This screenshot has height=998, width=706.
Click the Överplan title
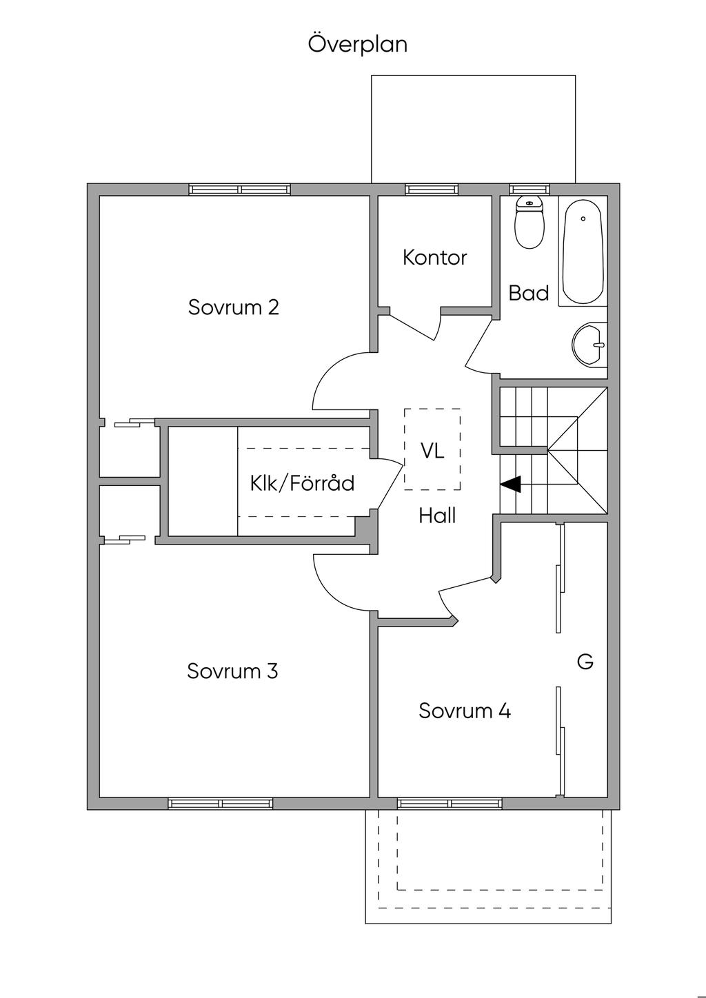358,44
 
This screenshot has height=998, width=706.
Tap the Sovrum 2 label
234,307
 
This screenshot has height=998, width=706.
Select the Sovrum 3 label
232,671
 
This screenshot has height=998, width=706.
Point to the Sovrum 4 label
465,711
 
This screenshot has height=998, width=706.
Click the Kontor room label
435,258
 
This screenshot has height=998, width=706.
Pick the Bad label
529,293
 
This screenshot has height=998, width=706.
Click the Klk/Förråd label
302,482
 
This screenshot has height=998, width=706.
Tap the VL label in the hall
432,451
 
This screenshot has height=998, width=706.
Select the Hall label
437,516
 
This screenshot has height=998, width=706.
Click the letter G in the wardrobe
585,662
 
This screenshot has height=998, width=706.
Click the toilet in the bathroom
529,222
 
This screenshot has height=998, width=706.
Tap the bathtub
583,252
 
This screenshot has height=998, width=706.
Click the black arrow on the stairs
511,485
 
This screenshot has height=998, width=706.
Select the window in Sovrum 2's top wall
240,190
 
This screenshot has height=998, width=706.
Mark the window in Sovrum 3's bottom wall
221,803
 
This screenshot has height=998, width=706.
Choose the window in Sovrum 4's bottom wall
450,803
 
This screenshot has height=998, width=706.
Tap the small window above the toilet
529,190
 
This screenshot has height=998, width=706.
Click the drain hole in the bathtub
583,219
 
